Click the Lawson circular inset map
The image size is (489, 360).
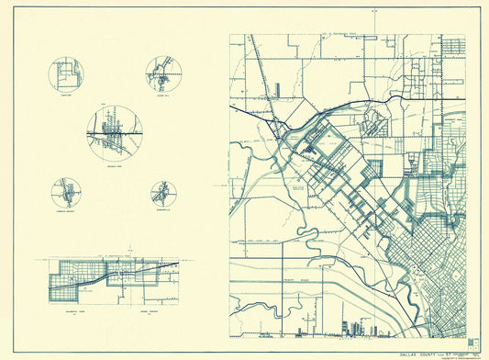pyautogui.click(x=65, y=74)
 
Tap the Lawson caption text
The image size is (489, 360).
pyautogui.click(x=65, y=95)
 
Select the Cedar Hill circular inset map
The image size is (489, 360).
pyautogui.click(x=163, y=73)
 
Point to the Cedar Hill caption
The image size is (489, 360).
pyautogui.click(x=163, y=95)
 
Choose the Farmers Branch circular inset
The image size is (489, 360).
pyautogui.click(x=66, y=193)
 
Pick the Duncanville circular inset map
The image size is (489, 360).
pyautogui.click(x=163, y=194)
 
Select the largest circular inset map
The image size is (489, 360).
pyautogui.click(x=115, y=134)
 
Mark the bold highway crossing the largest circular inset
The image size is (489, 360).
pyautogui.click(x=101, y=135)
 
